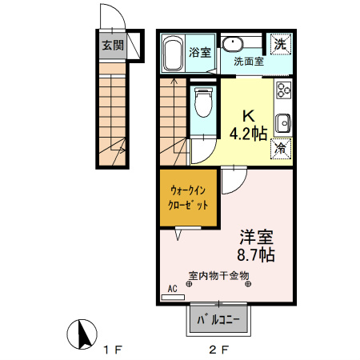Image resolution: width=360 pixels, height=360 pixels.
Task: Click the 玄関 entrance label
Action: point(112,45)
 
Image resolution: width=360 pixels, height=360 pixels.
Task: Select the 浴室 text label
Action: point(200,53)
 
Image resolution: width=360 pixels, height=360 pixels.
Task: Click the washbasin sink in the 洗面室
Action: point(233,43)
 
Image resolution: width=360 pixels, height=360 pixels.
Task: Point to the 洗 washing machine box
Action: point(281,44)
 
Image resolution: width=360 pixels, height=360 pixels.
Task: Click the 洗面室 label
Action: point(250,61)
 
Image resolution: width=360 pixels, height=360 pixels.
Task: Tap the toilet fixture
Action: point(204,102)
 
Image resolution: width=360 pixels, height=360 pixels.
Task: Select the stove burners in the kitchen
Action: point(283,94)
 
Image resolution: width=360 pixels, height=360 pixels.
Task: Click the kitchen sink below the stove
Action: point(283,123)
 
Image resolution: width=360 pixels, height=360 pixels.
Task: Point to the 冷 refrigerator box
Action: point(282,148)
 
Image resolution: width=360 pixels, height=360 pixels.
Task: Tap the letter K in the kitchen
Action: point(248,114)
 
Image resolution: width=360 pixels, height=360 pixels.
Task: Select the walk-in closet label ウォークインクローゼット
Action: point(187,197)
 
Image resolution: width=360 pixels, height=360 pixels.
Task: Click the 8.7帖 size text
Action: point(257,255)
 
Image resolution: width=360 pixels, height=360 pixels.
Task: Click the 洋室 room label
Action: point(257,238)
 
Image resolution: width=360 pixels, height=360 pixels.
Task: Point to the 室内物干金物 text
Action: point(219,276)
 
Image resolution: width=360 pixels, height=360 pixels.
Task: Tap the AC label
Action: point(172,289)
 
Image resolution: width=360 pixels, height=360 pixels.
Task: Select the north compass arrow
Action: point(79,334)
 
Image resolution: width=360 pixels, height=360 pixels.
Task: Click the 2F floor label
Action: point(219,350)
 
